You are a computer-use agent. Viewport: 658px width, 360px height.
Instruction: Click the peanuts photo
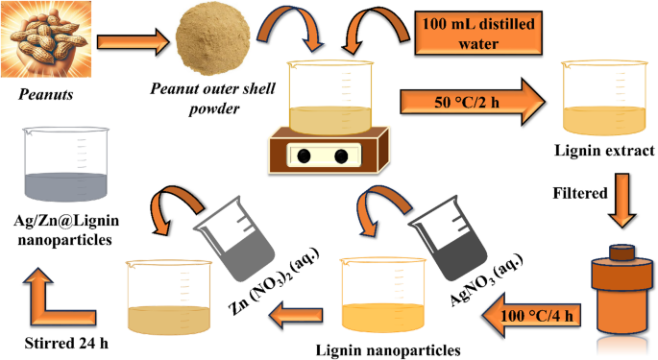[x=46, y=39]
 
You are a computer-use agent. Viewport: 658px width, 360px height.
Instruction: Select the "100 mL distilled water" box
[x=478, y=34]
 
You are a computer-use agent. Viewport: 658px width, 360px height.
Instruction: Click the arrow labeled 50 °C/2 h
[x=473, y=102]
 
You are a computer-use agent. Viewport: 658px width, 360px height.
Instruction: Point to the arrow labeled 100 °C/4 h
[x=531, y=316]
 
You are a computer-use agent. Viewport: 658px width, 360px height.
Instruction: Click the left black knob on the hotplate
[x=304, y=156]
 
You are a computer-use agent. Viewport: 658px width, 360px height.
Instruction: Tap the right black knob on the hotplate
[x=341, y=156]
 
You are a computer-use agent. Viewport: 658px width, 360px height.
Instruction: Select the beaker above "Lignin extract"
[x=604, y=98]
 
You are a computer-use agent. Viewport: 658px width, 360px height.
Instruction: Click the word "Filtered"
[x=580, y=193]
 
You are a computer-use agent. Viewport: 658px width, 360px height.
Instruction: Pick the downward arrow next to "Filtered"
[x=622, y=200]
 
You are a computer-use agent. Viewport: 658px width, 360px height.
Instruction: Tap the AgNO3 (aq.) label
[x=486, y=280]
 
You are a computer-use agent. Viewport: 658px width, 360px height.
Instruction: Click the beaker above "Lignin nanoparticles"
[x=383, y=295]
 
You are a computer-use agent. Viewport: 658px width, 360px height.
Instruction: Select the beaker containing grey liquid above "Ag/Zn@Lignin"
[x=66, y=164]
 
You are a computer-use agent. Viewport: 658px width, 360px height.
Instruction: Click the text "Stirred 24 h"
[x=66, y=343]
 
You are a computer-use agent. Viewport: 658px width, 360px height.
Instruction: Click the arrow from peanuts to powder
[x=133, y=42]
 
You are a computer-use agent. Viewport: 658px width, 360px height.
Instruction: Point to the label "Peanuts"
[x=46, y=94]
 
